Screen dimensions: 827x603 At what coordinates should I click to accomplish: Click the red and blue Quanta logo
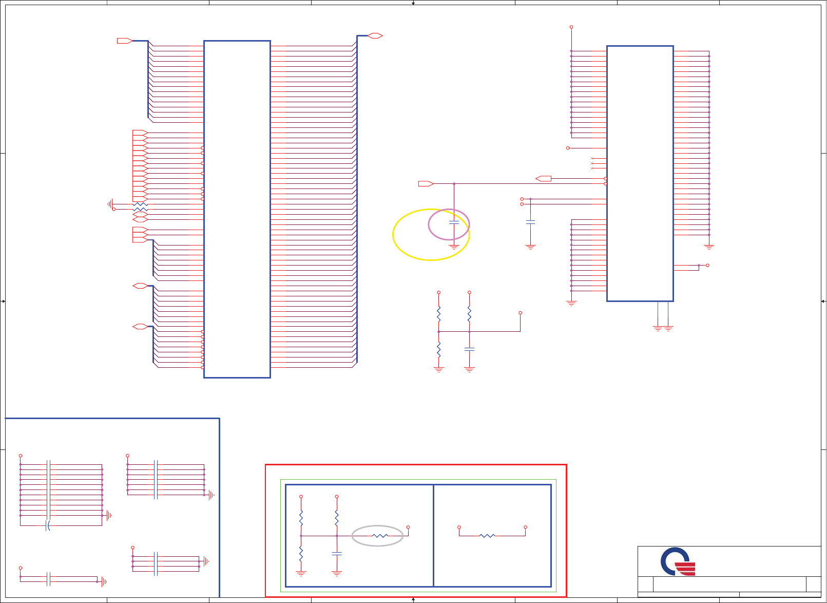click(678, 562)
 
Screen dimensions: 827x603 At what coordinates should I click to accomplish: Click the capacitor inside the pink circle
click(454, 222)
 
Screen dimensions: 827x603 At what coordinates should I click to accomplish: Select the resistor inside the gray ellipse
click(380, 536)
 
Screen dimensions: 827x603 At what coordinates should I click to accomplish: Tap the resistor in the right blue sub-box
click(487, 536)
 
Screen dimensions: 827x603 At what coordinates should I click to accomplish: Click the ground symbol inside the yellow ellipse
click(454, 248)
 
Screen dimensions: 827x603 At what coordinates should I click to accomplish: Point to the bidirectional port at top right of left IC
click(375, 35)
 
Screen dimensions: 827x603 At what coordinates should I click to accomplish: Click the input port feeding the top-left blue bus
click(124, 41)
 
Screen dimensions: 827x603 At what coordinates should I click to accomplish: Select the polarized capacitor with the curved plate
click(48, 525)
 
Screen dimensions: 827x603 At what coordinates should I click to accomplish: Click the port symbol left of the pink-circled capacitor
click(426, 183)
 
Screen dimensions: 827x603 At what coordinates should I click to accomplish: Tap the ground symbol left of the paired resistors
click(110, 204)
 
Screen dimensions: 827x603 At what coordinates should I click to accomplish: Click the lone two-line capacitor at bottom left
click(48, 579)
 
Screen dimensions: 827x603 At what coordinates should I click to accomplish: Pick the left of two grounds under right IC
click(658, 328)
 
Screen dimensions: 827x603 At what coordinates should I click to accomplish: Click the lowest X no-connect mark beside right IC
click(592, 168)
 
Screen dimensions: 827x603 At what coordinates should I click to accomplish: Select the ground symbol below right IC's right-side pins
click(709, 247)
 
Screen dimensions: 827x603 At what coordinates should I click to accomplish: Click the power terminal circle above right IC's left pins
click(571, 27)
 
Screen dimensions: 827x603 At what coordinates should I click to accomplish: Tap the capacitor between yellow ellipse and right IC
click(531, 222)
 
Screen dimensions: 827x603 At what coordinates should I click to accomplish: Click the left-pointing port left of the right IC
click(543, 178)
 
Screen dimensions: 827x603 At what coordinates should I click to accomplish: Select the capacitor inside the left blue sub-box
click(337, 554)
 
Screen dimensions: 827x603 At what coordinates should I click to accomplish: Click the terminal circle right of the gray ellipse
click(408, 527)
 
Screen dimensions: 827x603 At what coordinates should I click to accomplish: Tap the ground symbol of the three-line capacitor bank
click(206, 561)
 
